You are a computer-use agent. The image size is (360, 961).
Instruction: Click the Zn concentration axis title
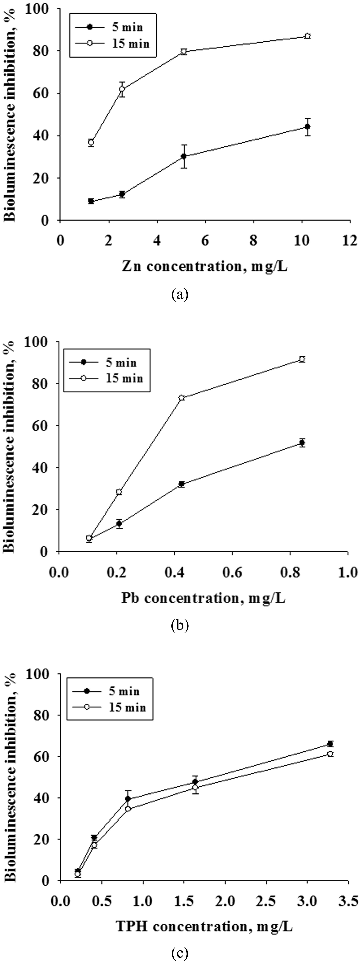pyautogui.click(x=204, y=266)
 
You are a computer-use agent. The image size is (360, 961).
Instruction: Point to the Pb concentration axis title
pyautogui.click(x=203, y=598)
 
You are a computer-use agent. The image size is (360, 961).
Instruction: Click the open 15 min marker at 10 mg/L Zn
pyautogui.click(x=307, y=36)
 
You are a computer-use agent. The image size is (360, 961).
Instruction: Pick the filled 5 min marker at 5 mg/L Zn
pyautogui.click(x=184, y=156)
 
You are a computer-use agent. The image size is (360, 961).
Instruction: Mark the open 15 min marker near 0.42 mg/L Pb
pyautogui.click(x=182, y=398)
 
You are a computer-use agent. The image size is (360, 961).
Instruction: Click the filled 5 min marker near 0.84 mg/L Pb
pyautogui.click(x=302, y=443)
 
